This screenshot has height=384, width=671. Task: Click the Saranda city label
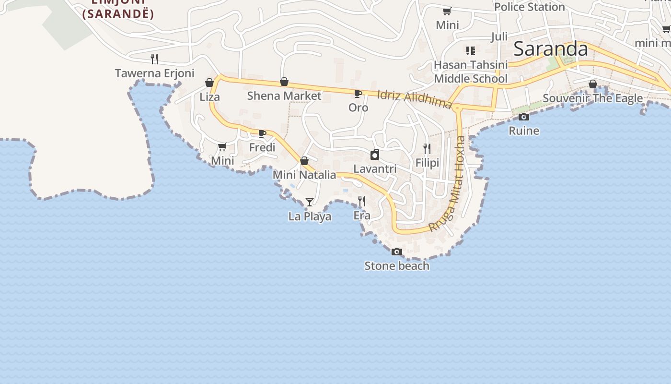(551, 49)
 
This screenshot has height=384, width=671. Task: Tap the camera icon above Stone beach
(396, 252)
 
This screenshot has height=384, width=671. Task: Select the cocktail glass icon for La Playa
(310, 202)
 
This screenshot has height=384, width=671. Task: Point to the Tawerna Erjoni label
(154, 73)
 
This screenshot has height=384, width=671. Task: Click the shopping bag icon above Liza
(209, 83)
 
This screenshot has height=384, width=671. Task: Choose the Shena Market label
(284, 96)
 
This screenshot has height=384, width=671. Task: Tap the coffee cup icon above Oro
(358, 93)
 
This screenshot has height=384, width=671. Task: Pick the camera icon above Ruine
(524, 117)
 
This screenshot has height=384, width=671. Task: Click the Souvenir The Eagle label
(593, 98)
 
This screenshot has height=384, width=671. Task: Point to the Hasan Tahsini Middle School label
(471, 72)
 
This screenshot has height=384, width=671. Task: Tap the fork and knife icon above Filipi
(427, 149)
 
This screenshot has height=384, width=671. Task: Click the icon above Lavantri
(375, 155)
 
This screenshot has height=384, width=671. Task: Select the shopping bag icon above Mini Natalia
(304, 161)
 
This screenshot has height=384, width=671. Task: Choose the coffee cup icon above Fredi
(262, 133)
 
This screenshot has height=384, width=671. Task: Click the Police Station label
(529, 7)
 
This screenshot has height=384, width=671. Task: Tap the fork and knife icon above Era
(362, 201)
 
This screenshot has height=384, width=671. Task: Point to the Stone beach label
(397, 266)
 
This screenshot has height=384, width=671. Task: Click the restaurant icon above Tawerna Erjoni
(154, 59)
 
